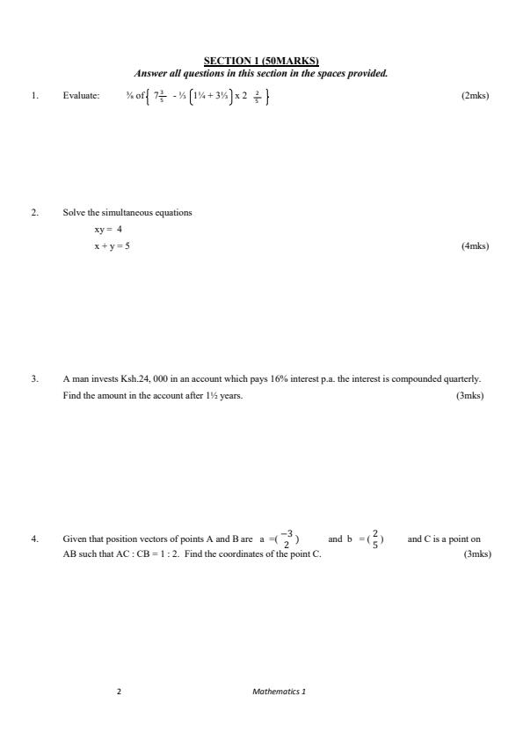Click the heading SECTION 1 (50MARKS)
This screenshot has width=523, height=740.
click(261, 61)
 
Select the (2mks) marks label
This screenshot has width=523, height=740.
click(475, 95)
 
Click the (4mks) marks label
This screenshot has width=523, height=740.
click(475, 246)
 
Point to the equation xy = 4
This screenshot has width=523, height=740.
click(108, 230)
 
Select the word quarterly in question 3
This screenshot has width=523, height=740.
click(461, 379)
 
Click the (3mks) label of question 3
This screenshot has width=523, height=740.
click(469, 396)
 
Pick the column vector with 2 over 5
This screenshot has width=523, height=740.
click(375, 539)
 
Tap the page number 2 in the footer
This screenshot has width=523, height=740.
click(119, 692)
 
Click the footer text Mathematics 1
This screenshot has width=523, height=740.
click(279, 692)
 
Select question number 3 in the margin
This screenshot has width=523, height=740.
click(34, 379)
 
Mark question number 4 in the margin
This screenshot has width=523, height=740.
click(34, 539)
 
